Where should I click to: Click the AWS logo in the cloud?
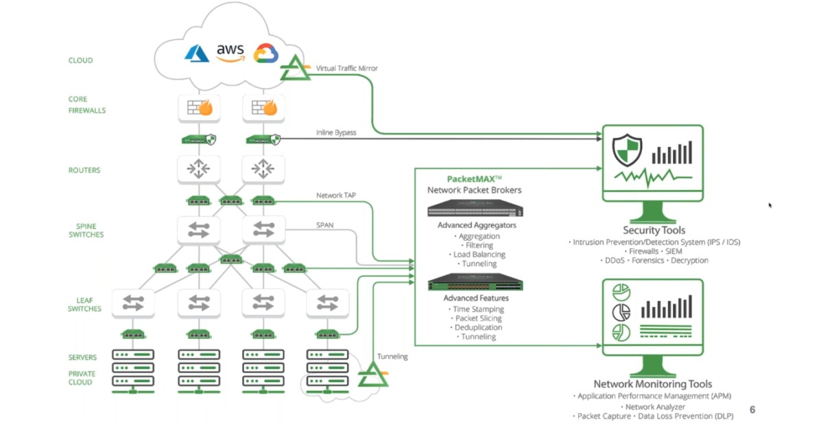coord(230,52)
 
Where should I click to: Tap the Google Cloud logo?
coord(265,54)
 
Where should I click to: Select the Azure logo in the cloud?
coord(197,53)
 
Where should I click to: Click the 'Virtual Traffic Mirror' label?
coord(346,69)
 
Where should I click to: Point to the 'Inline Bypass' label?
coord(336,132)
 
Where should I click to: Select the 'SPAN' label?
coord(325,224)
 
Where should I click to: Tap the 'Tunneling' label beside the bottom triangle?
coord(392,356)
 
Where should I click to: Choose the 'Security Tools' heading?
coord(654,231)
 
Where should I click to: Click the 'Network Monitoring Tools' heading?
coord(652,384)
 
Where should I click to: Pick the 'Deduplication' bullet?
coord(478,327)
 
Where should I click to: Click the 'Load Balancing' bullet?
coord(480,255)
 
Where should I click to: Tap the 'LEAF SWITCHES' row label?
coord(84,304)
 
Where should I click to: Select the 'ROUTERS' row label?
coord(84,170)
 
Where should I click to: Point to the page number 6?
coord(752,410)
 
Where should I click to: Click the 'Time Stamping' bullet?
coord(478,310)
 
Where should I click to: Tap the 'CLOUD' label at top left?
coord(80,60)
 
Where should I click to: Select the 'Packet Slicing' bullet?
coord(478,318)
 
